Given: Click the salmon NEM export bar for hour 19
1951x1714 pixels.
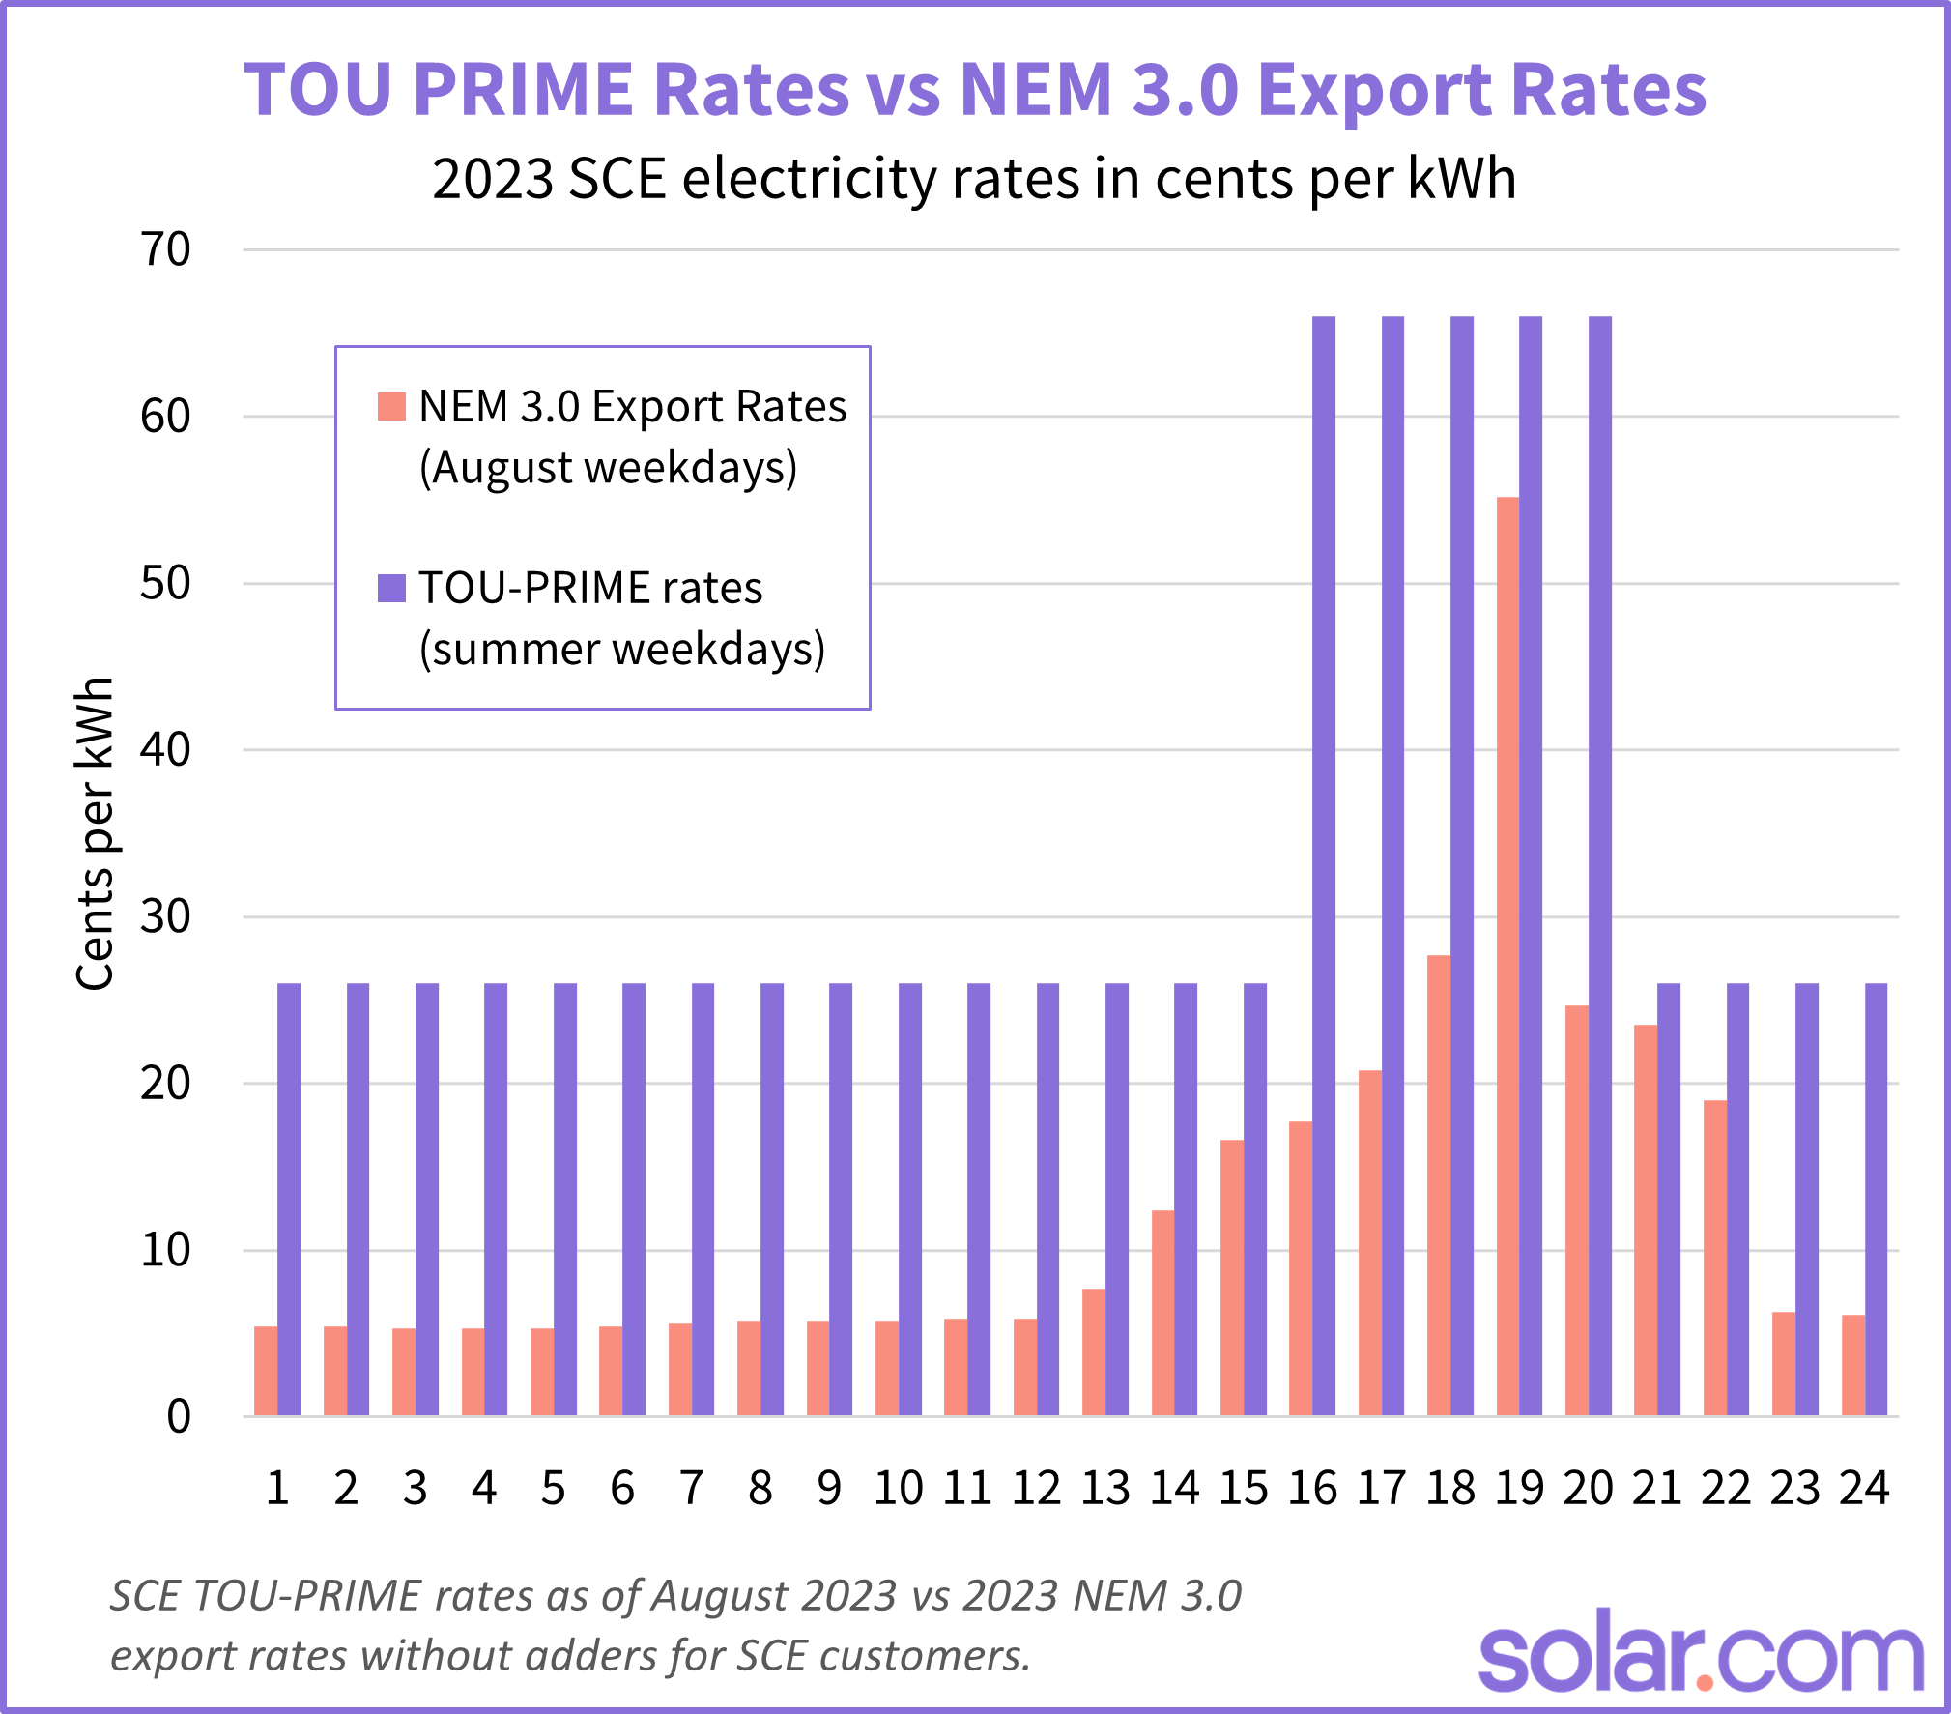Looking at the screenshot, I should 1507,957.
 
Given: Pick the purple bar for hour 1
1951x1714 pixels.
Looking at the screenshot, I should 289,1200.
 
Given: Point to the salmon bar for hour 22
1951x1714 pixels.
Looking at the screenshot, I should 1714,1258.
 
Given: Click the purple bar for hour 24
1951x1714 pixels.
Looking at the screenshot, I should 1876,1200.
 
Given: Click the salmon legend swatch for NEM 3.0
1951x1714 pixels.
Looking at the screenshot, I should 391,406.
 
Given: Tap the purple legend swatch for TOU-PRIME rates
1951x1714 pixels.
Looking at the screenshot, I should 391,588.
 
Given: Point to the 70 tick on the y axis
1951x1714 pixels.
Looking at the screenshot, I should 165,250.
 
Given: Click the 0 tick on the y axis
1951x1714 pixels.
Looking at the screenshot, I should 179,1417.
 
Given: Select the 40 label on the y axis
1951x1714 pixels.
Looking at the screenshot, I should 165,750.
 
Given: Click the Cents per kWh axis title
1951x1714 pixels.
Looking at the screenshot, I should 95,833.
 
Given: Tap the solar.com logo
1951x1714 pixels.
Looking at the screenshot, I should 1701,1658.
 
